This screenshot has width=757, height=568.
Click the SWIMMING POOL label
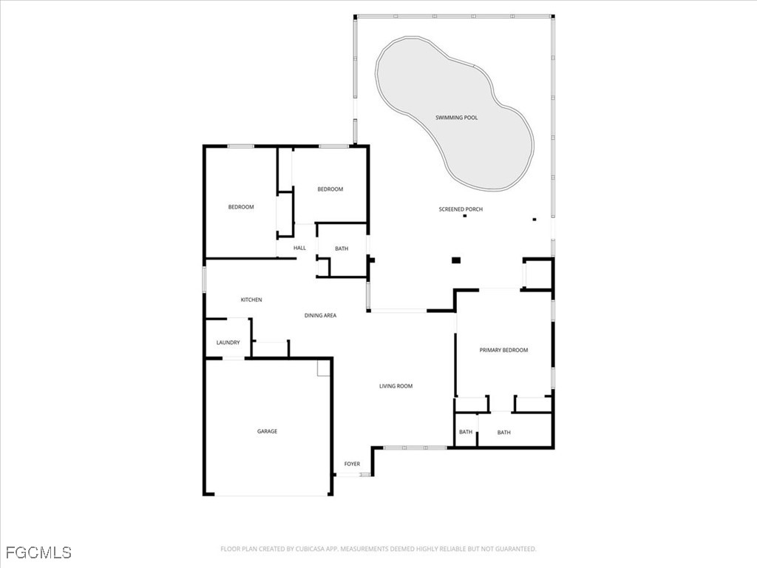[x=456, y=118]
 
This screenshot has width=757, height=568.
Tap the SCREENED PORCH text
[x=461, y=209]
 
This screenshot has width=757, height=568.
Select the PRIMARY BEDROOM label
[x=503, y=350]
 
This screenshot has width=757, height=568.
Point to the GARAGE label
[x=267, y=431]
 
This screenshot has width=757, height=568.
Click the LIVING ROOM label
[x=396, y=386]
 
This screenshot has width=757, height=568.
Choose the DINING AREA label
[x=320, y=316]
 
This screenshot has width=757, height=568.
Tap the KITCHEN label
[x=251, y=300]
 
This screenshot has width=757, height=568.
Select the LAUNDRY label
[x=228, y=342]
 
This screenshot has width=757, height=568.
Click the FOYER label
[x=352, y=464]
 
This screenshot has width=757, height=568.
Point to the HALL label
[x=299, y=248]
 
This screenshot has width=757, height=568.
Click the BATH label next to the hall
[x=342, y=248]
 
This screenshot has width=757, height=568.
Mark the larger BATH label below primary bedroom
[x=503, y=433]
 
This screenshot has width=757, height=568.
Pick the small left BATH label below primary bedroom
[x=466, y=432]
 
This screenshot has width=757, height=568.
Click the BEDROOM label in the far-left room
[x=240, y=207]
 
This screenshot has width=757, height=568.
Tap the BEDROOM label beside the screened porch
[x=330, y=189]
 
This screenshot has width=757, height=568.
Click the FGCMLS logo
[x=38, y=552]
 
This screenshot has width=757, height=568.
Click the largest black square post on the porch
[x=456, y=260]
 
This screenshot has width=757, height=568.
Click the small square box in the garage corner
[x=323, y=368]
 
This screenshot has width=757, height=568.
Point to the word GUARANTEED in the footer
[x=515, y=549]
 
